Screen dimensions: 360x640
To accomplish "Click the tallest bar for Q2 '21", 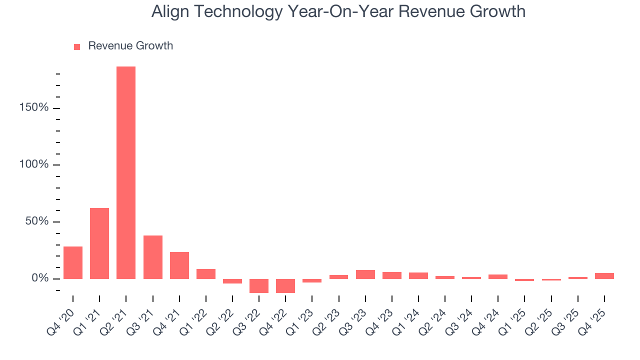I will [126, 172].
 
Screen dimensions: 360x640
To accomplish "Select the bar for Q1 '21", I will [99, 243].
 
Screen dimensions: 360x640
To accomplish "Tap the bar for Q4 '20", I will [73, 262].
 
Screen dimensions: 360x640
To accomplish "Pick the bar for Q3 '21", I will [153, 257].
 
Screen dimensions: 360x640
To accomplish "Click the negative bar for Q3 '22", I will [259, 285].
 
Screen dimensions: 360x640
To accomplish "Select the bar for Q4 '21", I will [179, 265].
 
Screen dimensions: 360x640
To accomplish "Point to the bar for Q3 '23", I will [365, 274].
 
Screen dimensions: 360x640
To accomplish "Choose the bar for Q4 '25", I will [604, 275].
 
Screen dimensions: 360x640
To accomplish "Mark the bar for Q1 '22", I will [206, 274].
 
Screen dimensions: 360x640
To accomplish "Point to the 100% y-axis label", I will [35, 164].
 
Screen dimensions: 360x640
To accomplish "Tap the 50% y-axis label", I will [37, 221].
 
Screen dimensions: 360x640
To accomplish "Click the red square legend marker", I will [77, 46].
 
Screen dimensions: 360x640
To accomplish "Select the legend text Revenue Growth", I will [130, 46].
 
